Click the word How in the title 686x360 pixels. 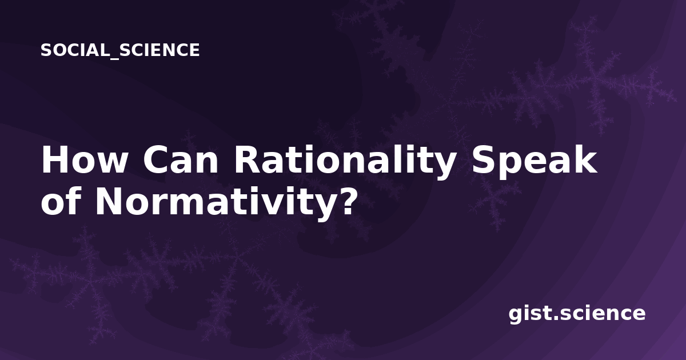point(84,159)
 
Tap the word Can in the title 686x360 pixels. point(181,159)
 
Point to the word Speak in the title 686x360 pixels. point(534,162)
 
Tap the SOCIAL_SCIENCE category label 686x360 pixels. point(120,50)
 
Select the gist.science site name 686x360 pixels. point(577,314)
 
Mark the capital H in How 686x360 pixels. point(54,159)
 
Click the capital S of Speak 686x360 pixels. point(482,159)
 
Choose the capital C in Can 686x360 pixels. point(155,159)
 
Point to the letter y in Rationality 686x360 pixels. point(442,167)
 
